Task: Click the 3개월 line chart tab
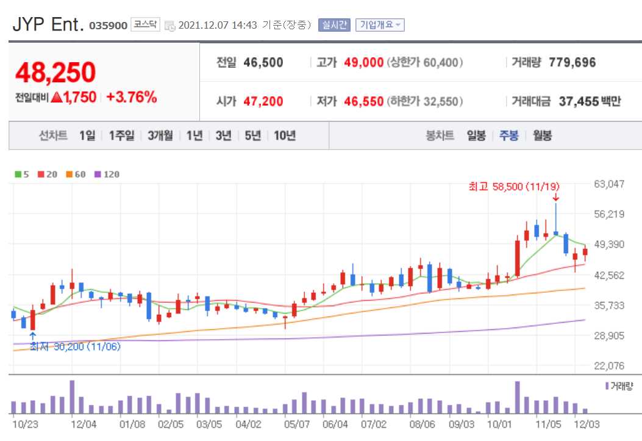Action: (x=160, y=135)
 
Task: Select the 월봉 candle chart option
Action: (x=542, y=135)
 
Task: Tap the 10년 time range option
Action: (x=285, y=135)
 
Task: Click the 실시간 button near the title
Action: (x=334, y=25)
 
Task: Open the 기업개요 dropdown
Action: (x=380, y=25)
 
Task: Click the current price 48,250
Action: (x=55, y=73)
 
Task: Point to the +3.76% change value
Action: (x=132, y=97)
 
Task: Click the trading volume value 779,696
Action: (x=572, y=62)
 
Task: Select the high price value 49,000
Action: (x=363, y=62)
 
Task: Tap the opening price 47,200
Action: (x=263, y=101)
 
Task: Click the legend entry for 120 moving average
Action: (x=107, y=174)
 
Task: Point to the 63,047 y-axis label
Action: (x=609, y=184)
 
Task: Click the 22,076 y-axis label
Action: (x=609, y=365)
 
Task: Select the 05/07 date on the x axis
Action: (x=297, y=424)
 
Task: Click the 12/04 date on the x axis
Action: (x=84, y=424)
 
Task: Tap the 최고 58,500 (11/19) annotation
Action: (x=514, y=186)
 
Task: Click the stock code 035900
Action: (x=109, y=26)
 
